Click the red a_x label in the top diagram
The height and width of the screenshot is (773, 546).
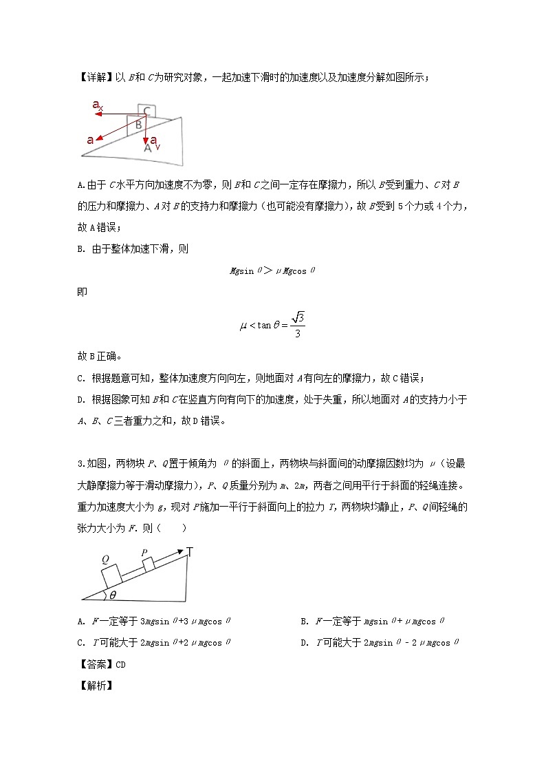pyautogui.click(x=98, y=105)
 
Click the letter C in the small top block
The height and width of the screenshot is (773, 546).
pyautogui.click(x=146, y=111)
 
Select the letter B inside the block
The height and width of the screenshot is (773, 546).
pyautogui.click(x=138, y=125)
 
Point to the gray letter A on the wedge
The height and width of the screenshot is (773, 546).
pyautogui.click(x=147, y=147)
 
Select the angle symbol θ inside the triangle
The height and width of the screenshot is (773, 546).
pyautogui.click(x=113, y=594)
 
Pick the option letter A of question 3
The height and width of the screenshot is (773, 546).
pyautogui.click(x=81, y=621)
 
